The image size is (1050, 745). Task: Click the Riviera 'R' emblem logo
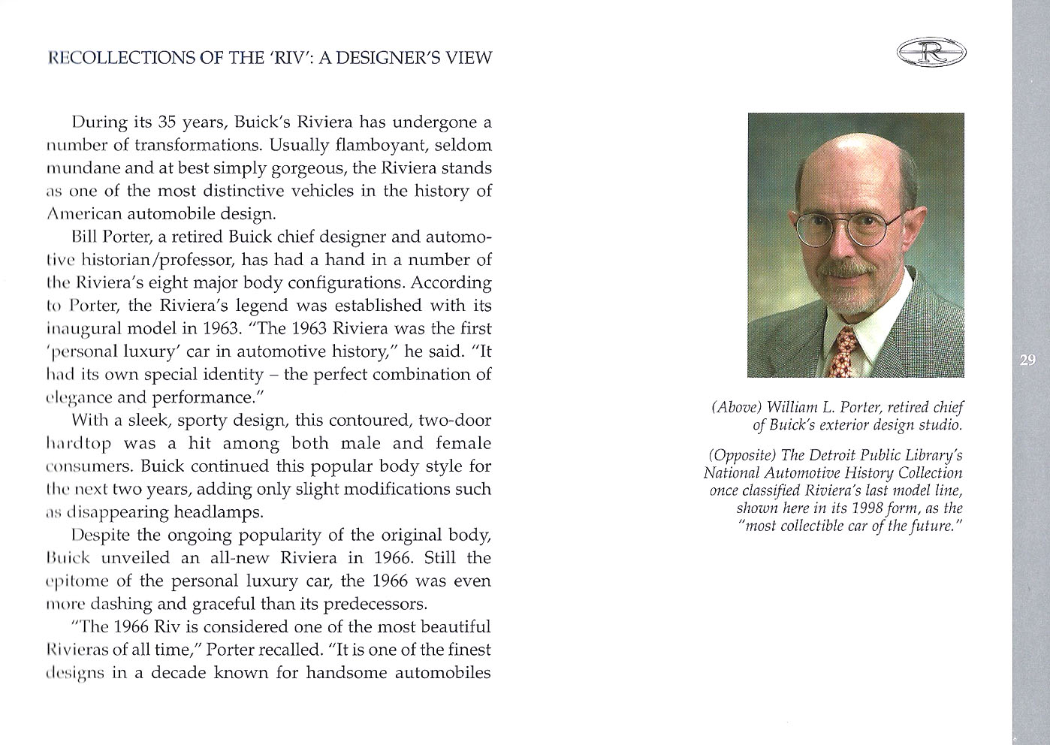tap(931, 53)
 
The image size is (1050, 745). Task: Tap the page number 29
tap(1028, 360)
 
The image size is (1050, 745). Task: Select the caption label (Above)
tap(737, 408)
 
